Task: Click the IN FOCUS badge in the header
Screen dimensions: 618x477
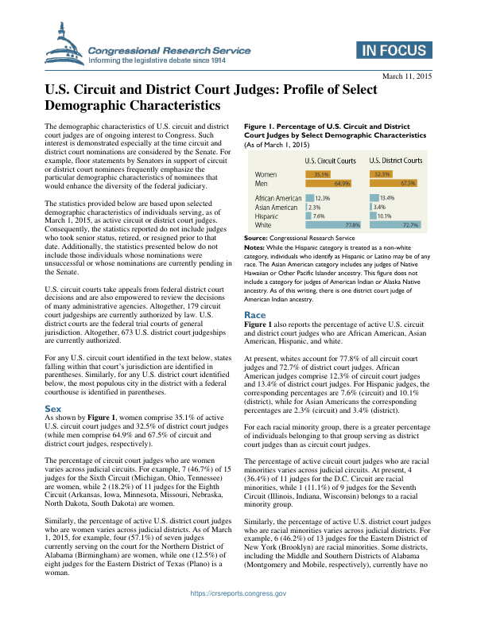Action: tap(393, 50)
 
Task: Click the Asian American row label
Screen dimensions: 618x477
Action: tap(276, 207)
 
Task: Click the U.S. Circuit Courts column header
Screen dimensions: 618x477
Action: tap(331, 160)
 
